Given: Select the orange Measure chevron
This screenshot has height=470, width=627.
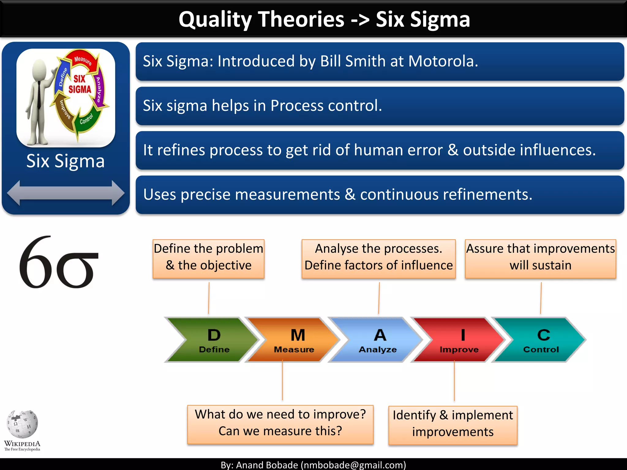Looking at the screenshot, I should [294, 340].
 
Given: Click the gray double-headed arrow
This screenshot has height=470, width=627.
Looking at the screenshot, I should [66, 193].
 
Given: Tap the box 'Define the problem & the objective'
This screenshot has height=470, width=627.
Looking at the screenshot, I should [208, 259].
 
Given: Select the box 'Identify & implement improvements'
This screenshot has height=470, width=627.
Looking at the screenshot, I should [453, 425].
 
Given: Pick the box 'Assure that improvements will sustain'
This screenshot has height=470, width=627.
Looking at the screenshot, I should [540, 259].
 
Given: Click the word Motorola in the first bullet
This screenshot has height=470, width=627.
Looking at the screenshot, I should [442, 61].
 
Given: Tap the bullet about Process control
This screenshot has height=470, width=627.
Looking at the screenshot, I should [380, 106].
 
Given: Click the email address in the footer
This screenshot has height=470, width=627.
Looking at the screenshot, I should [354, 465].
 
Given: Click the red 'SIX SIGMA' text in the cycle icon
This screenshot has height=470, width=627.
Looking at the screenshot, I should [80, 84].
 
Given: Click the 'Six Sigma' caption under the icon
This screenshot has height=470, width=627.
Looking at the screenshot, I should [66, 161].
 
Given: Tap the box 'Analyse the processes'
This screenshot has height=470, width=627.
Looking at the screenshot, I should [379, 259].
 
